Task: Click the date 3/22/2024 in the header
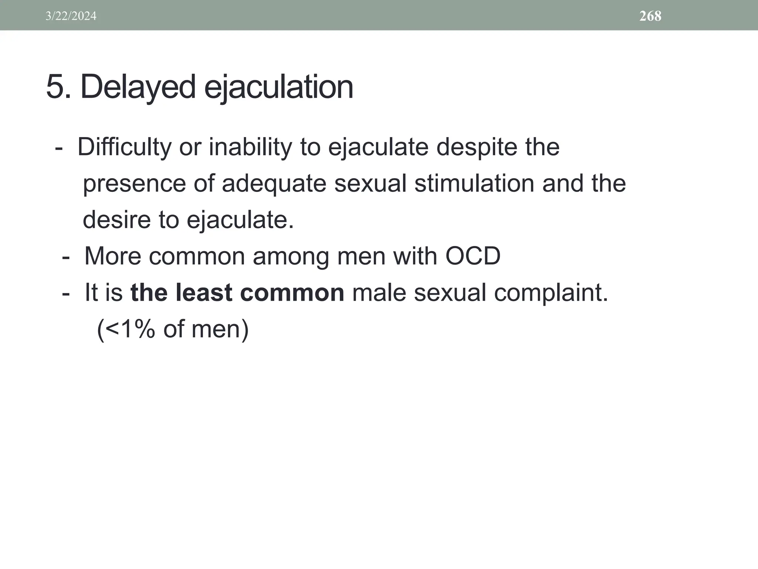click(x=71, y=16)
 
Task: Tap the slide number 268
click(x=650, y=16)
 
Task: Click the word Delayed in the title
click(x=138, y=87)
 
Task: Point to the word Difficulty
click(x=124, y=147)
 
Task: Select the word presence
click(x=134, y=184)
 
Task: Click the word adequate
click(x=274, y=184)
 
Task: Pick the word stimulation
click(x=474, y=184)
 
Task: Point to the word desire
click(x=116, y=220)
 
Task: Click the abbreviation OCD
click(x=473, y=256)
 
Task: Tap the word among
click(x=291, y=256)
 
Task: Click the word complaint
click(x=551, y=293)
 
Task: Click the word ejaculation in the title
click(x=279, y=87)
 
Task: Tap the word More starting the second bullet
click(x=113, y=256)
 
